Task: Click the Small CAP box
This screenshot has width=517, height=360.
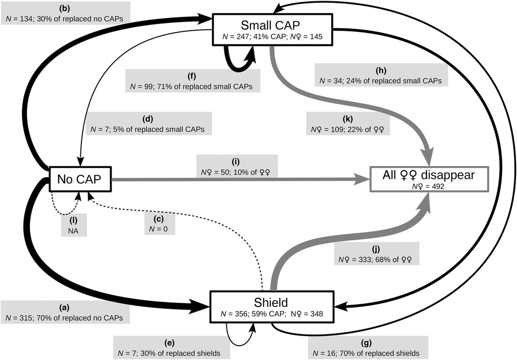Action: [x=272, y=28]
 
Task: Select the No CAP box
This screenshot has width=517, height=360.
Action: [x=81, y=179]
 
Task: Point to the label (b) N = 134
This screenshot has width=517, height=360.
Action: [x=65, y=13]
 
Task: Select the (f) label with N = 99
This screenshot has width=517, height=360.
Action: [x=191, y=81]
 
